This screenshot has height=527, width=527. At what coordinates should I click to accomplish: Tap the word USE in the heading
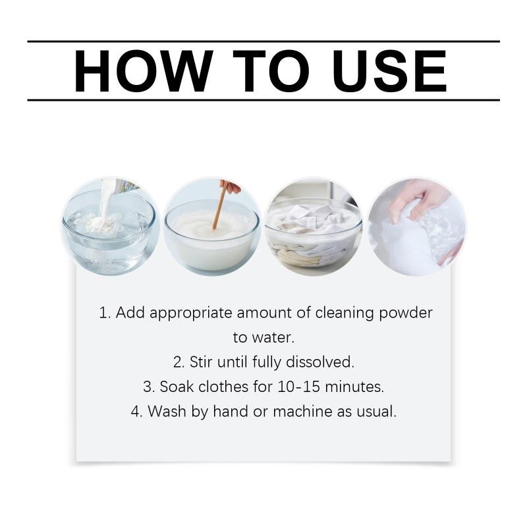pos(389,71)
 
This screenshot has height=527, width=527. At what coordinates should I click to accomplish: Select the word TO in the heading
pos(271,71)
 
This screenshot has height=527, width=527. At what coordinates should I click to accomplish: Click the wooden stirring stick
pos(219,206)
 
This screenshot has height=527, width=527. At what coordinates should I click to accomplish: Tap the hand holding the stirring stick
pos(230,186)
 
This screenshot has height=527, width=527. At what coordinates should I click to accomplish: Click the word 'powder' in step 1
pos(406,314)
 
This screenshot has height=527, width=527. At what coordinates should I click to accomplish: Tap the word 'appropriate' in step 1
pos(190,314)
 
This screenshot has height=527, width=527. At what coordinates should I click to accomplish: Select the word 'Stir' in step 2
pos(201,362)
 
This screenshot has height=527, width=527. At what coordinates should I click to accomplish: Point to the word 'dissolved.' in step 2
pos(320,362)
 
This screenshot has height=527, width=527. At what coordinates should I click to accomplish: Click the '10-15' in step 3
pos(298,387)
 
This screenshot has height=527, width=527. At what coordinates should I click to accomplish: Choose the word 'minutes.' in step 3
pos(354,387)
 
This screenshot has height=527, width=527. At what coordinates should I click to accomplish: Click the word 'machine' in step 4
pos(302,411)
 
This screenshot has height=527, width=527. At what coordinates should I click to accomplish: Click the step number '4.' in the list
pos(137,411)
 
